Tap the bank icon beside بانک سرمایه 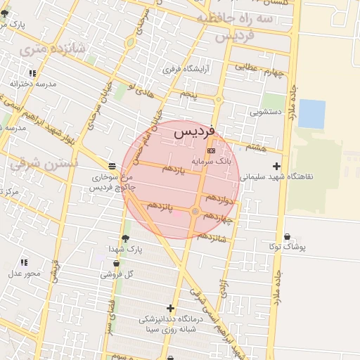click(x=211, y=151)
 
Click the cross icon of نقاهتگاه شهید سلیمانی click(x=276, y=167)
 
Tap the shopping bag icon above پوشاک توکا click(x=286, y=237)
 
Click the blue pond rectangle click(x=311, y=114)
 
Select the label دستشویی click(x=265, y=111)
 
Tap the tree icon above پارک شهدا click(x=125, y=239)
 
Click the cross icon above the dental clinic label click(x=170, y=308)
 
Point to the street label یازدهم click(x=173, y=169)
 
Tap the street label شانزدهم click(x=212, y=236)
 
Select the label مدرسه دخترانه click(x=33, y=83)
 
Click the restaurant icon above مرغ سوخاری click(x=113, y=167)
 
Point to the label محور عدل click(x=25, y=273)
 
